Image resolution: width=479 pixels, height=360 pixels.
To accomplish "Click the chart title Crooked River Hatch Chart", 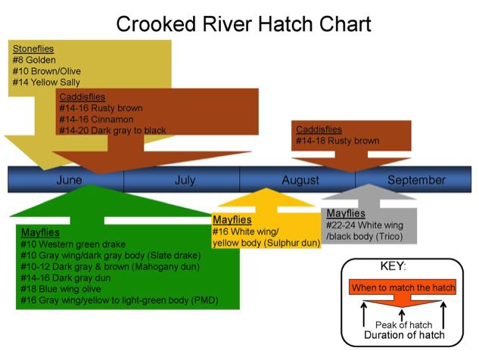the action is pyautogui.click(x=244, y=23).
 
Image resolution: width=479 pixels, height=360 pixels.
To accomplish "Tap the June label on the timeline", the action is pyautogui.click(x=70, y=180).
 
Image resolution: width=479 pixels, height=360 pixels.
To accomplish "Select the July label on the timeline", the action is pyautogui.click(x=185, y=180).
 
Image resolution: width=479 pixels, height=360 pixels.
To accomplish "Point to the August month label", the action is pyautogui.click(x=300, y=180).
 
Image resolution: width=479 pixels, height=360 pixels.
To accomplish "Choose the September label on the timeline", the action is pyautogui.click(x=416, y=180).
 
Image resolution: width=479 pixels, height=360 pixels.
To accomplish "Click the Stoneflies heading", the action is pyautogui.click(x=33, y=48).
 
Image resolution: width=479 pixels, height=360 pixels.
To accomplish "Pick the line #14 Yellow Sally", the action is pyautogui.click(x=46, y=82).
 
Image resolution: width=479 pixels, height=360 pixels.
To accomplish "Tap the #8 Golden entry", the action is pyautogui.click(x=34, y=60).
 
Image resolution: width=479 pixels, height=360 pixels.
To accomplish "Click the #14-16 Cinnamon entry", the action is pyautogui.click(x=97, y=119).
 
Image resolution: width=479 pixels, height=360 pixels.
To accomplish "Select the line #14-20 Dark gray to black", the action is pyautogui.click(x=113, y=130).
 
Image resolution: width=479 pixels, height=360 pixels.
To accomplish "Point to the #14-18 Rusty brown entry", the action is pyautogui.click(x=337, y=141).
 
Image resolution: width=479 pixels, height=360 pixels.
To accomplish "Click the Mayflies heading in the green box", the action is pyautogui.click(x=40, y=232).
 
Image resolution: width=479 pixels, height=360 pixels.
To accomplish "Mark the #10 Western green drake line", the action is pyautogui.click(x=73, y=244).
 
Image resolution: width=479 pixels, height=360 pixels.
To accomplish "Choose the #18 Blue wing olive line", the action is pyautogui.click(x=61, y=289).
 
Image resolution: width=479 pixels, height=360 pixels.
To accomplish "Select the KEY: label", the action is pyautogui.click(x=393, y=266).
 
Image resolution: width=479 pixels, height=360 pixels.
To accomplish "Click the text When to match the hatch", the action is pyautogui.click(x=403, y=287).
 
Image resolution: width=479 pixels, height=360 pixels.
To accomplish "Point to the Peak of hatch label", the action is pyautogui.click(x=403, y=324).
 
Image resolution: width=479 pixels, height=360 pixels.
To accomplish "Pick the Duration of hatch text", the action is pyautogui.click(x=404, y=335).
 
